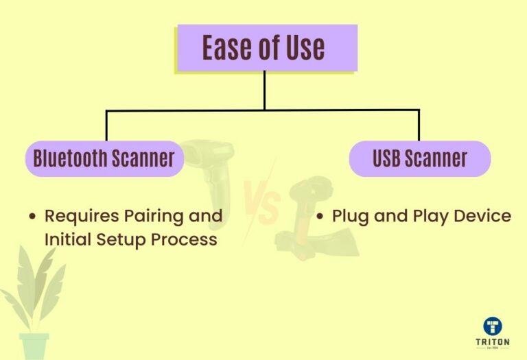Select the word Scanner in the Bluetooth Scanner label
click(144, 159)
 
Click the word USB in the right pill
click(386, 159)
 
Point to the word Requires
click(74, 216)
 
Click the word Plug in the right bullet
click(350, 217)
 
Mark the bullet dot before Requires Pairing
click(32, 217)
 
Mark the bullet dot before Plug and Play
click(320, 217)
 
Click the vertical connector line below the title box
click(264, 90)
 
